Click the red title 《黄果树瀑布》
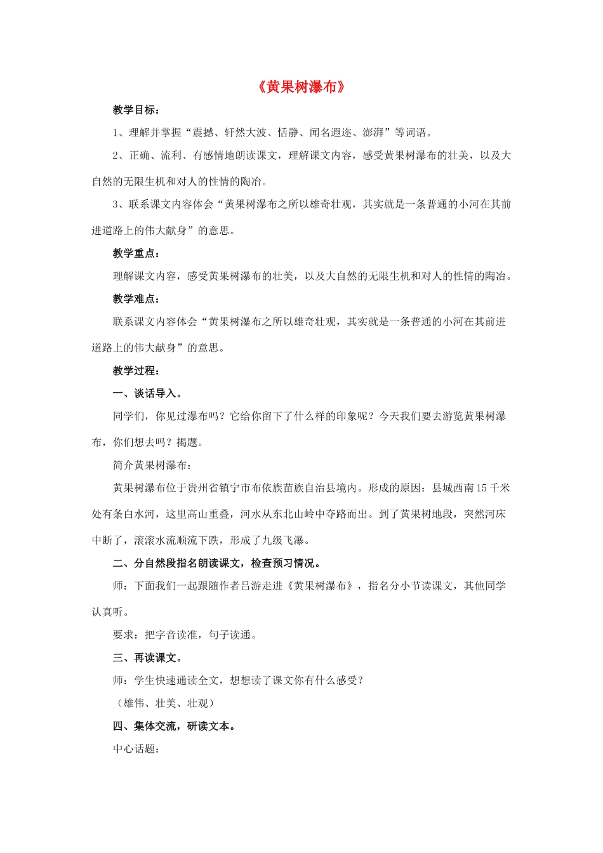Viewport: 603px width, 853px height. coord(301,87)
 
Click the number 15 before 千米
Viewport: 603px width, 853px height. coord(481,488)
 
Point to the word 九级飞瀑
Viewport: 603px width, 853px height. coord(283,540)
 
